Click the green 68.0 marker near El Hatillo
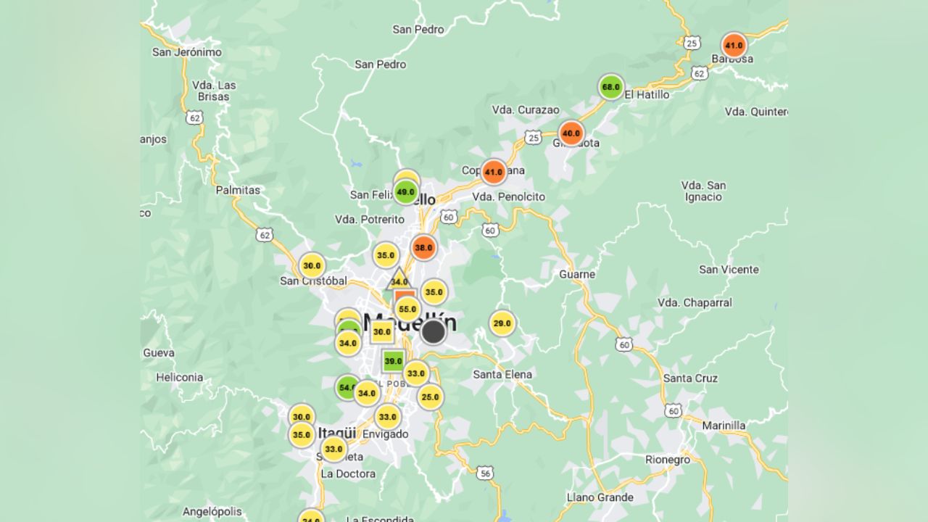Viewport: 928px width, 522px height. (x=611, y=88)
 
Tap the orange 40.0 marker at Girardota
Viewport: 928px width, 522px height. (x=571, y=133)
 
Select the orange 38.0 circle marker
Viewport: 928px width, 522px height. (x=423, y=247)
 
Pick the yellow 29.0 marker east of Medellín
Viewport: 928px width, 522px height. (x=502, y=323)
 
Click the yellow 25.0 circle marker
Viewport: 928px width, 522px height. (x=430, y=397)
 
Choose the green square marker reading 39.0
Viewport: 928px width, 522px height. (x=393, y=361)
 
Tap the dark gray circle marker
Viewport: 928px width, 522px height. (x=434, y=332)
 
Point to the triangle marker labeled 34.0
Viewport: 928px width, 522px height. (x=399, y=280)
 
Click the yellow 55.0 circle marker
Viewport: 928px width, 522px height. (x=407, y=310)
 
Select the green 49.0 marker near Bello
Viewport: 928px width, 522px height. (x=406, y=192)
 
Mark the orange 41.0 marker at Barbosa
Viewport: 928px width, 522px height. (x=734, y=45)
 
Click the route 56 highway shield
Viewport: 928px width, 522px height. (x=486, y=473)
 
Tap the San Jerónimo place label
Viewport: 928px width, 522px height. (x=187, y=52)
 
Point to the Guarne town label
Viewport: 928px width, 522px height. (x=577, y=274)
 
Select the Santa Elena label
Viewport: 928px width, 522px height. (x=502, y=375)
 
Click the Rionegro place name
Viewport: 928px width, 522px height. (x=668, y=460)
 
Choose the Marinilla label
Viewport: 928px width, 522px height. (x=724, y=426)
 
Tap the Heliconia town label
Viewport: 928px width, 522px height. (x=180, y=377)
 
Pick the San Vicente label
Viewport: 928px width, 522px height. (x=729, y=270)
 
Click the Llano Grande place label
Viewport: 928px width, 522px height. (x=600, y=497)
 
